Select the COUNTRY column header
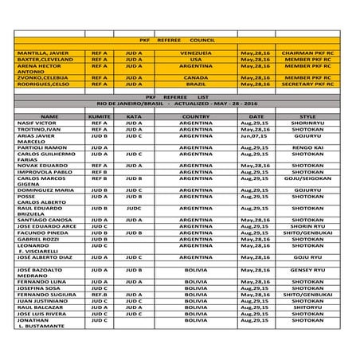196,116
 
